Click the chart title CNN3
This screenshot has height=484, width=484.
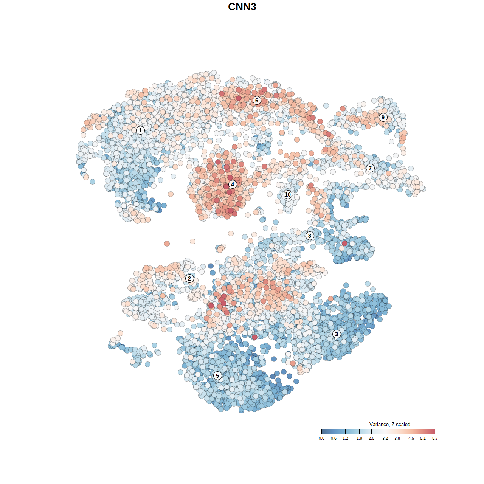tap(242, 7)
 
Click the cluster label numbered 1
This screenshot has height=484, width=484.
tap(140, 130)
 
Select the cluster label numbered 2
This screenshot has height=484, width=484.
tap(189, 279)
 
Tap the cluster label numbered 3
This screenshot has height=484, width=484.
tap(337, 334)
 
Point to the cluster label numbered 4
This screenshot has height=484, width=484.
tap(233, 185)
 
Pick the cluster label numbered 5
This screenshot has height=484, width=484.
tap(217, 375)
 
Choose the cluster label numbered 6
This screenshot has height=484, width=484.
tap(257, 100)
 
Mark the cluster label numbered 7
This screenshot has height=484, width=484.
tap(370, 168)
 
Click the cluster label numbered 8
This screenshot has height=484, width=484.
tap(310, 236)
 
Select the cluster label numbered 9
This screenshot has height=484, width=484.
tap(383, 117)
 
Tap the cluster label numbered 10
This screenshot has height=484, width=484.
tap(288, 195)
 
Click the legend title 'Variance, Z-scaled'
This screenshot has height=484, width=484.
tap(389, 424)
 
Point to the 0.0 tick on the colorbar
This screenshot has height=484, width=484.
tap(321, 431)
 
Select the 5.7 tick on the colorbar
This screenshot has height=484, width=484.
tap(435, 431)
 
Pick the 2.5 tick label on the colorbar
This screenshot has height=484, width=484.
tap(372, 439)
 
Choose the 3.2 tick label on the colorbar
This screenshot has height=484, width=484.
tap(385, 439)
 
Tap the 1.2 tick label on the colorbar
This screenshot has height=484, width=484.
tap(346, 439)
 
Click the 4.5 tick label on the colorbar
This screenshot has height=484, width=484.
tap(411, 439)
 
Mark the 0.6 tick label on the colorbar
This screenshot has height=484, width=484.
tap(334, 439)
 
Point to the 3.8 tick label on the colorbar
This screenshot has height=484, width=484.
tap(397, 439)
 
